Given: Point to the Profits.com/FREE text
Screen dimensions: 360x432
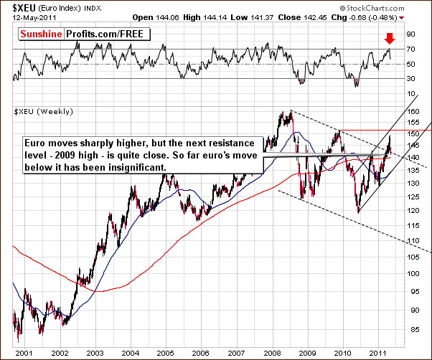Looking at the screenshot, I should (97, 34).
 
